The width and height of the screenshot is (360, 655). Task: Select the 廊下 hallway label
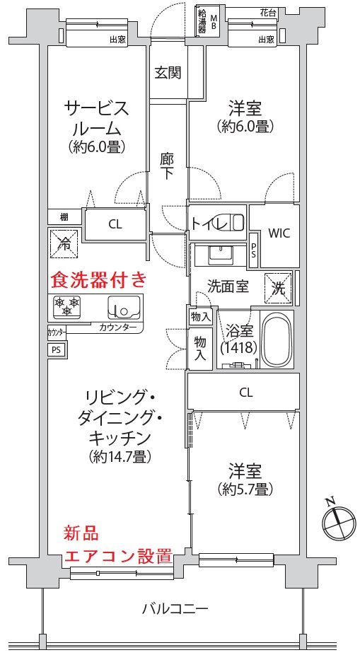(x=167, y=166)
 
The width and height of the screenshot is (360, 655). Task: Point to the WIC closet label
(x=279, y=233)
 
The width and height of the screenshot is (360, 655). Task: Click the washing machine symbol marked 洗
(x=278, y=287)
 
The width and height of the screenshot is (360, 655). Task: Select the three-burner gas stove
(x=66, y=306)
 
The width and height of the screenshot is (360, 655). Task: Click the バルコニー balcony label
(x=175, y=608)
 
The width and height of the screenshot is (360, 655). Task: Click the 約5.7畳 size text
(x=245, y=489)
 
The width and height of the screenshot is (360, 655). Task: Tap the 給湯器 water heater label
(x=202, y=22)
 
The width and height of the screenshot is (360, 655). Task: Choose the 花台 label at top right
(x=267, y=13)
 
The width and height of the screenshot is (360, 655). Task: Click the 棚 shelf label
(x=64, y=217)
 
